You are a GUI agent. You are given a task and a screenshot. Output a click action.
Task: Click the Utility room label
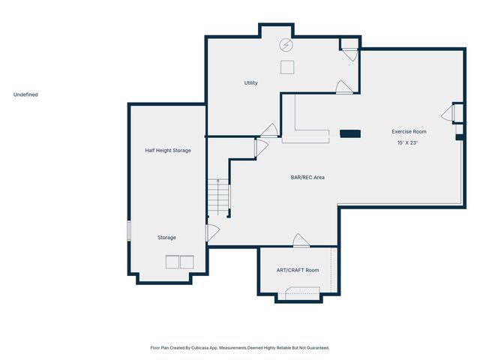250,82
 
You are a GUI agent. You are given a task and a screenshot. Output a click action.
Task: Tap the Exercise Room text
409,131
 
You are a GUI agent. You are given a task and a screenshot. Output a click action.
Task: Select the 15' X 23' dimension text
407,142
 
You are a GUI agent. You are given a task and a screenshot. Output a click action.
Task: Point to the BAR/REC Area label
307,178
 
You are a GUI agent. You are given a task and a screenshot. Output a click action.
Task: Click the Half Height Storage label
168,150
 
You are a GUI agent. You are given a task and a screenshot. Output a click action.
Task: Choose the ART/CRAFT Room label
298,270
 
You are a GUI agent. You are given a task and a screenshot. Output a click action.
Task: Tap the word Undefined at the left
25,94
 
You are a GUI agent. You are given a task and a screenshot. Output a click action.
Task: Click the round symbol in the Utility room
286,45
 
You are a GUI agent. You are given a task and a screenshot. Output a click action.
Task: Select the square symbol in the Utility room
287,67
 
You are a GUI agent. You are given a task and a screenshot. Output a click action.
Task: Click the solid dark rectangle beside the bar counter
350,134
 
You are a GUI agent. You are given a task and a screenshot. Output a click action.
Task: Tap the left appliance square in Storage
172,262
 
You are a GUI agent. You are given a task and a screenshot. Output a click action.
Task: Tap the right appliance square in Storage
187,262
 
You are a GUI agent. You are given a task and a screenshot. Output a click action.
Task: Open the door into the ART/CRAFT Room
301,241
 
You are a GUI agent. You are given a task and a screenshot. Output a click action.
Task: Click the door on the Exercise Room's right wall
448,113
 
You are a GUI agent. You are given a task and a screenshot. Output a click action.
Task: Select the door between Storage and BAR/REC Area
212,232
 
